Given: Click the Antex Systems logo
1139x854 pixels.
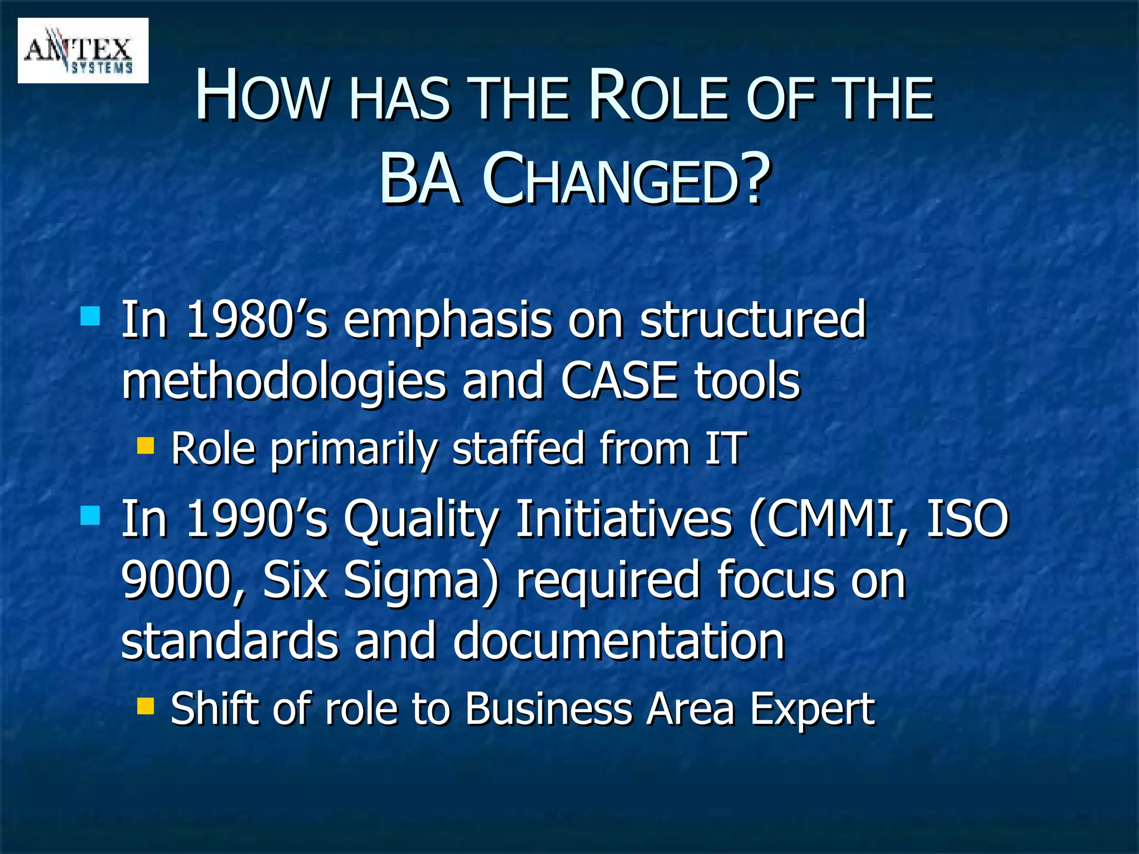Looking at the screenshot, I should point(83,51).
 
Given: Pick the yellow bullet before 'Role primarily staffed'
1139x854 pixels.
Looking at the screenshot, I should point(146,445).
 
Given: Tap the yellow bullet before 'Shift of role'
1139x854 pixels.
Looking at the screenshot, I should point(146,706).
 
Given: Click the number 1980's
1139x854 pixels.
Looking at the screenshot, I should point(257,319).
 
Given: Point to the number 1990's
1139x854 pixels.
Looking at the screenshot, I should point(257,518).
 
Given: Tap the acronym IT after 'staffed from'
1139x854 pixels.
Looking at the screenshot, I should point(724,448).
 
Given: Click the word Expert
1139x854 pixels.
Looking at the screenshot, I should point(813,710).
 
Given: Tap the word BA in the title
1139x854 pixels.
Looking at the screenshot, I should point(420,180).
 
